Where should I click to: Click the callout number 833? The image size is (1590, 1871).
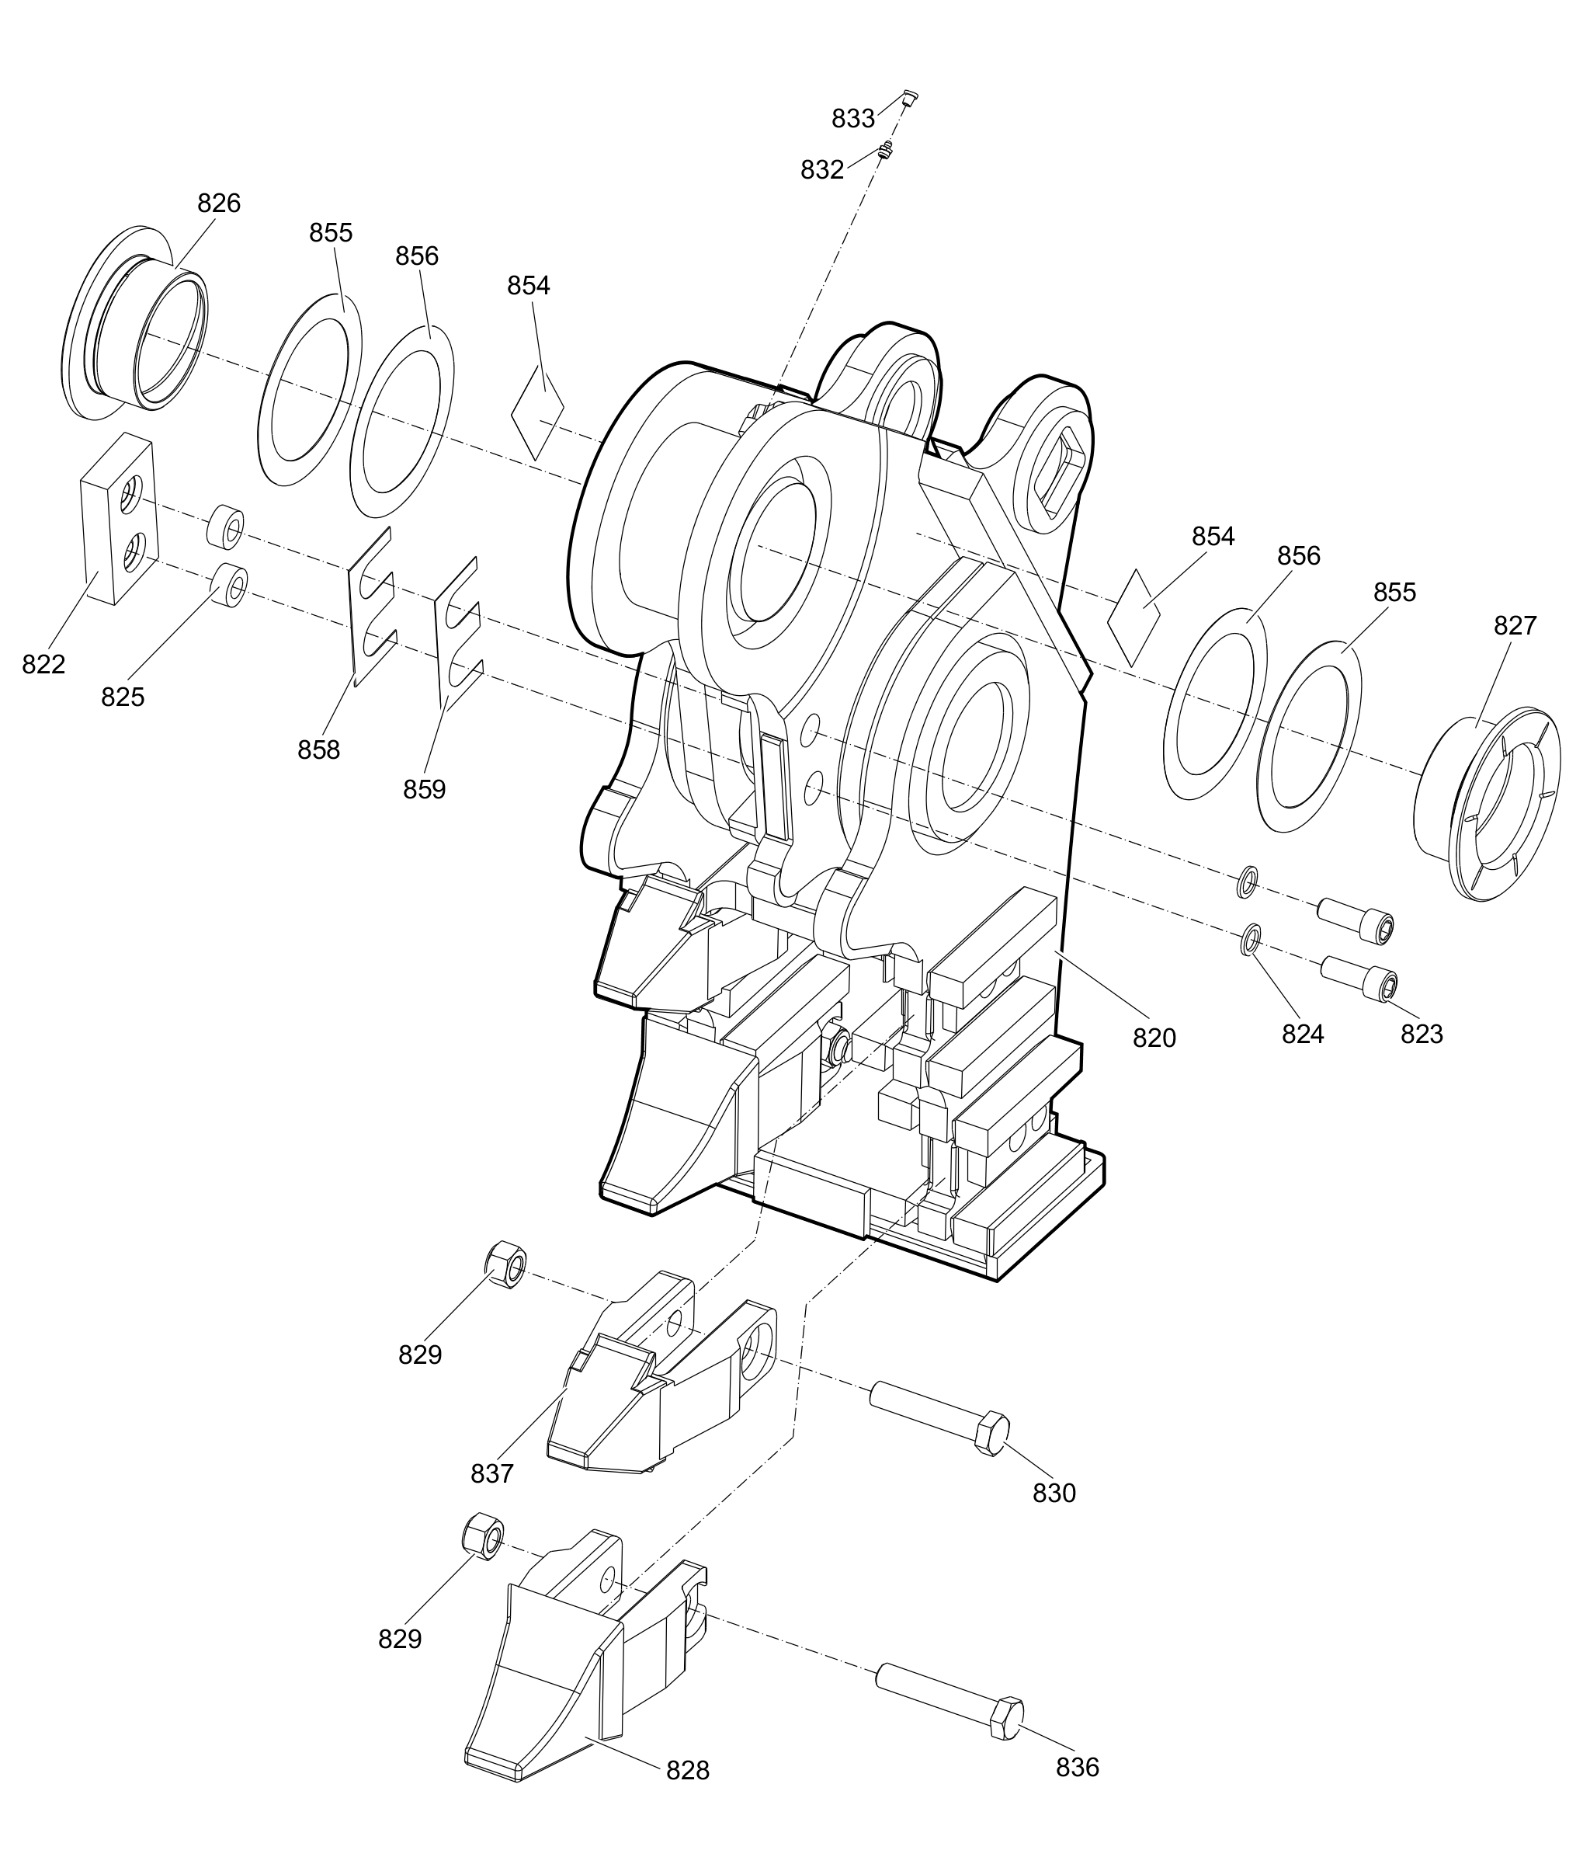click(x=852, y=118)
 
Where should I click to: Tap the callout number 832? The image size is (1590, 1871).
click(x=822, y=169)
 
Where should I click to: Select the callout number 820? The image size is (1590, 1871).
click(x=1154, y=1038)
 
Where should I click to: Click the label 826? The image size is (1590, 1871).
click(x=219, y=203)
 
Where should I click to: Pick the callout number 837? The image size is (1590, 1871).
click(x=492, y=1473)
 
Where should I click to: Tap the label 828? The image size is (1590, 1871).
click(x=688, y=1770)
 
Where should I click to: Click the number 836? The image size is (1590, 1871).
click(x=1078, y=1766)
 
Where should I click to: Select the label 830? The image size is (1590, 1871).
click(x=1054, y=1494)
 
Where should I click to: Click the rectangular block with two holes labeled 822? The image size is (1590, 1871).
click(x=119, y=520)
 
